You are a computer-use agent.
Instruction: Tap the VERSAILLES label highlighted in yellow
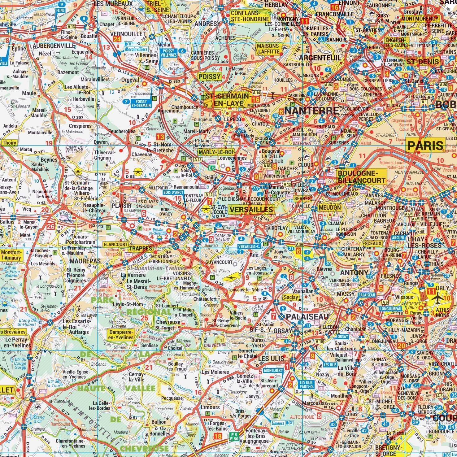251,210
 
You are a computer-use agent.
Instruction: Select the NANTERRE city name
311,111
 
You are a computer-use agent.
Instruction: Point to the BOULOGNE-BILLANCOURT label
361,176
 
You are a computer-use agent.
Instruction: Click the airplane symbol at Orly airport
438,299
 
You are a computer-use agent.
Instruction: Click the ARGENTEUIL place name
320,58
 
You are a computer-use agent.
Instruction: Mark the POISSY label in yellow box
210,76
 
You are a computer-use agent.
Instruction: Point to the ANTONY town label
354,273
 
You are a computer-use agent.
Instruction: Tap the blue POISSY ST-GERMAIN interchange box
141,103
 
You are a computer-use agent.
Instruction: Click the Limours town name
210,407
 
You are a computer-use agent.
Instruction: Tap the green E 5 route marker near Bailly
212,168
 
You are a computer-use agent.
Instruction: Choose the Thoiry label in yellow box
9,143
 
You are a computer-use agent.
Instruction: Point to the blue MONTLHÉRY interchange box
272,370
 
